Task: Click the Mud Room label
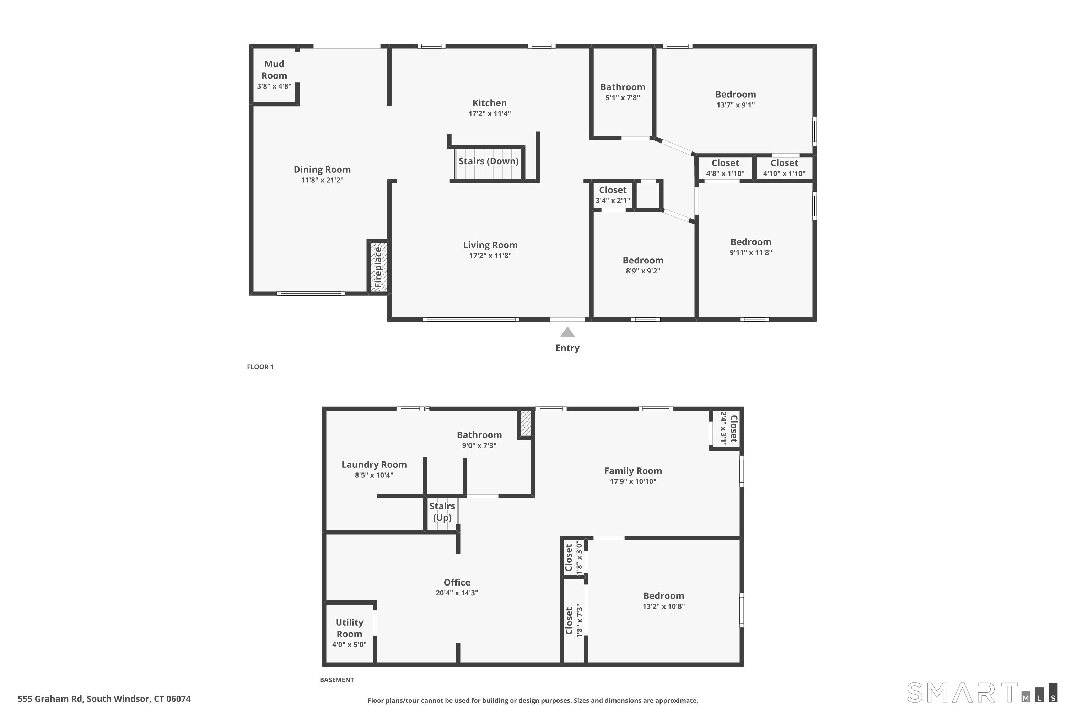(274, 70)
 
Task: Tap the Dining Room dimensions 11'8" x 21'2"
(322, 180)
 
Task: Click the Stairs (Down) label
(488, 161)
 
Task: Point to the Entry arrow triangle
(567, 332)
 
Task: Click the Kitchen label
(490, 103)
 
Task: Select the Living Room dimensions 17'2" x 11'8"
(490, 256)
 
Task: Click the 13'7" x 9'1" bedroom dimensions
(735, 105)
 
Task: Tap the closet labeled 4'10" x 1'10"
(784, 167)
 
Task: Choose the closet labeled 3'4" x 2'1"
(613, 194)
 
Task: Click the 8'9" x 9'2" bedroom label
(643, 260)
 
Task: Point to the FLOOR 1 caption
(260, 367)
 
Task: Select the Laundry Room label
(374, 464)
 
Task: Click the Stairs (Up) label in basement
(442, 512)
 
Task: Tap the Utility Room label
(349, 628)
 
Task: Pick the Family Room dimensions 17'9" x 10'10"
(633, 482)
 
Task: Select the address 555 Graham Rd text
(104, 699)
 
